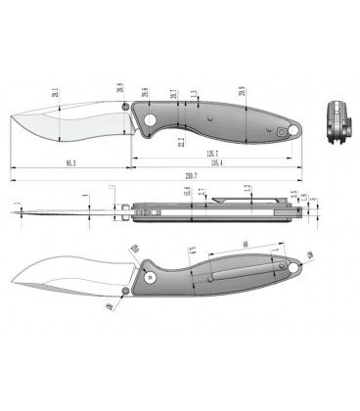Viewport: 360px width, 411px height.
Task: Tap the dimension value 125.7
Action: click(x=210, y=153)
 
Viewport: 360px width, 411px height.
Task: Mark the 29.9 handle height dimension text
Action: click(x=242, y=92)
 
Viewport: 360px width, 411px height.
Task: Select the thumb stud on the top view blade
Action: click(x=126, y=108)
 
